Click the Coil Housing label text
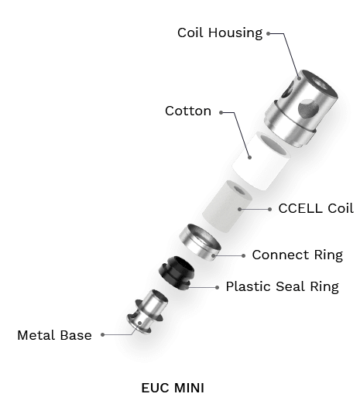220,33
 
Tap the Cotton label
188,111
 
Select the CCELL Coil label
316,208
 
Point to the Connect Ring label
297,255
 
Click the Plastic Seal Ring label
283,286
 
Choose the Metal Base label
54,335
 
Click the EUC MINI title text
173,388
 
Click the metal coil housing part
301,108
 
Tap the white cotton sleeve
261,161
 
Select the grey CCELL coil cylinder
227,207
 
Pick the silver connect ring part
200,242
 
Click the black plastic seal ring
177,272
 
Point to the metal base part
147,312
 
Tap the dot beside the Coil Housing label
269,33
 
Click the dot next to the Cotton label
221,112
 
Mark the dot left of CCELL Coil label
269,209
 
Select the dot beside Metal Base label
103,335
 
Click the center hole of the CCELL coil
239,190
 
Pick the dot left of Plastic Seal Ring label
217,287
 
